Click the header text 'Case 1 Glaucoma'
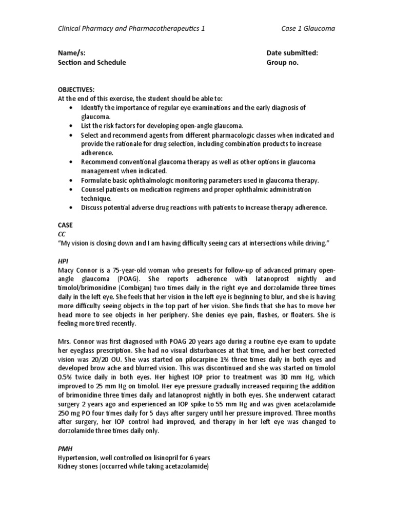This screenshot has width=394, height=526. pyautogui.click(x=307, y=29)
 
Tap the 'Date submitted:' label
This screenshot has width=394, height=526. pyautogui.click(x=292, y=53)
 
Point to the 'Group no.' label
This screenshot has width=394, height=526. pyautogui.click(x=282, y=62)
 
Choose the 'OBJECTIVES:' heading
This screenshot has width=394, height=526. pyautogui.click(x=76, y=89)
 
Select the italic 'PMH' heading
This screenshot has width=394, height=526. pyautogui.click(x=64, y=448)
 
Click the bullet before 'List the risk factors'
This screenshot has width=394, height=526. pyautogui.click(x=70, y=126)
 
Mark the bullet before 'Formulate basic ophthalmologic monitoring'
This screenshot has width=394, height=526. pyautogui.click(x=70, y=180)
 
